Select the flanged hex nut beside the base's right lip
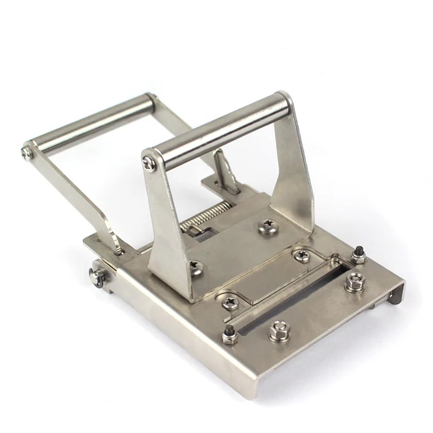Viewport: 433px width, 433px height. pyautogui.click(x=355, y=281)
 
